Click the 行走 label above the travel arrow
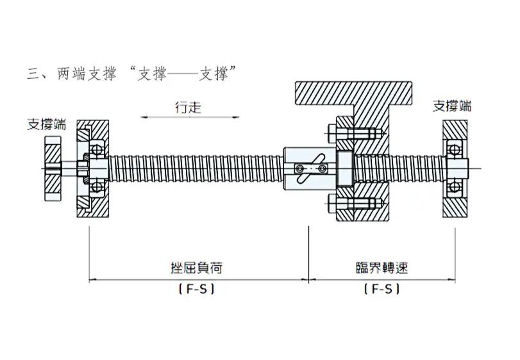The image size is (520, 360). pos(189,107)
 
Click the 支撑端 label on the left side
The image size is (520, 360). pos(46,124)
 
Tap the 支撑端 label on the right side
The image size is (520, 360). pos(452,106)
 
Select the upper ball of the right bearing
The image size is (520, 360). pos(455,150)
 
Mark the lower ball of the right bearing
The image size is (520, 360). pos(455,186)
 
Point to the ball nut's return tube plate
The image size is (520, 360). pos(310,168)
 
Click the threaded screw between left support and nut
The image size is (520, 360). pos(192,168)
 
